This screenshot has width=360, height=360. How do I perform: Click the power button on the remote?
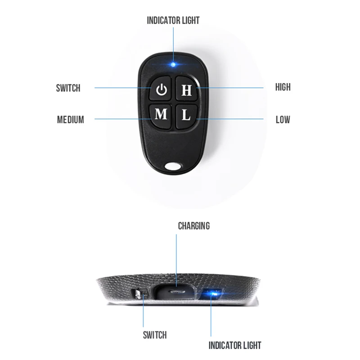pos(161,90)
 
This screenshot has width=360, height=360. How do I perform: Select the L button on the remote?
pos(186,115)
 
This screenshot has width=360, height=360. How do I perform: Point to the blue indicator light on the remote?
pos(173,65)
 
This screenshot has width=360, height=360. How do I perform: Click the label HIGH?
pos(283,87)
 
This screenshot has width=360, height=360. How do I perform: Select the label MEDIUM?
pos(70,120)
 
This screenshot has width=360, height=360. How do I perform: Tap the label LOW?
pos(283,120)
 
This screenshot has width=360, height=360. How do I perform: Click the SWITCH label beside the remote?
pos(68,87)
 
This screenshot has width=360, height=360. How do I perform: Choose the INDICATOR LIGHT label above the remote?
pos(173,20)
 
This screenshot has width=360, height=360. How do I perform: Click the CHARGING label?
pos(193,225)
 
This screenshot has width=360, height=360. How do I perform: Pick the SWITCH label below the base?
pos(154,335)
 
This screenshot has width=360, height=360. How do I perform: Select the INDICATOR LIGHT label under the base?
pos(234,346)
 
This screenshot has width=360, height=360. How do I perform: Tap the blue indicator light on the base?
pos(213,294)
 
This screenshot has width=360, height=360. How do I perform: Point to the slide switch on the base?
pos(140,295)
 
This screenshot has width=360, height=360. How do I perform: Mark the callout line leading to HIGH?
pos(234,87)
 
